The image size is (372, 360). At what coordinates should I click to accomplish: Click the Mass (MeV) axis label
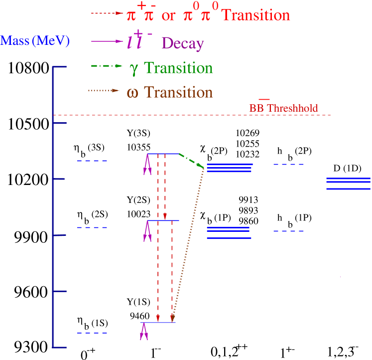[35, 40]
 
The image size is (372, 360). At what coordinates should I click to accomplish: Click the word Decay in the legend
[183, 44]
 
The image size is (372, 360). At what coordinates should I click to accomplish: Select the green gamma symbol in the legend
[133, 69]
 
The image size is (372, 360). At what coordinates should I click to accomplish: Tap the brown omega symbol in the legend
[133, 93]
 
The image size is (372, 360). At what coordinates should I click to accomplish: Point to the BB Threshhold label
[283, 108]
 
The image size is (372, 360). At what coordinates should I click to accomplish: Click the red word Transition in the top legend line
[255, 15]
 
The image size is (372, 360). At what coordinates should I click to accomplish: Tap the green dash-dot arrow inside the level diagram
[192, 161]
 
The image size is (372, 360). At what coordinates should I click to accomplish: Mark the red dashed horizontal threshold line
[199, 116]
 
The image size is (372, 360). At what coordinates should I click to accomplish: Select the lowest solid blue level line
[158, 323]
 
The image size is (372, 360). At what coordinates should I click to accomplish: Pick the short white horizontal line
[184, 282]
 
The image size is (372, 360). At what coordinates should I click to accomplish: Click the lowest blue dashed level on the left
[92, 333]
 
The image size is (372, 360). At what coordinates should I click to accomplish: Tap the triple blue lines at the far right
[348, 183]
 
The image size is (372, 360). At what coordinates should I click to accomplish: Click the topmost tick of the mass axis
[59, 67]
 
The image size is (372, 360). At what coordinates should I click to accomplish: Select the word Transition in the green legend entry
[178, 68]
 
